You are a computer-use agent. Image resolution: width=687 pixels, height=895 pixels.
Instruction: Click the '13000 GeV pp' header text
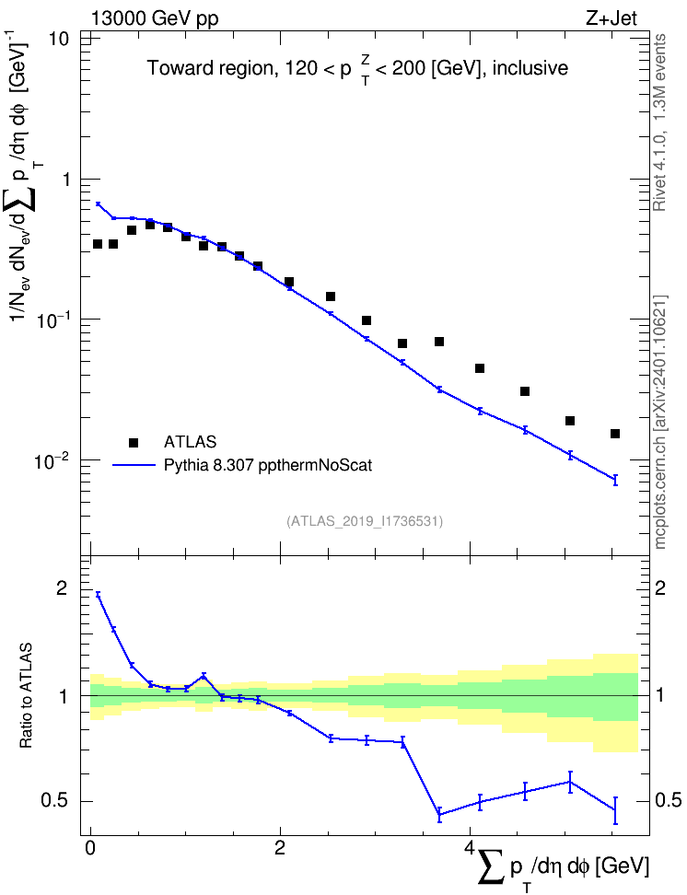pos(155,19)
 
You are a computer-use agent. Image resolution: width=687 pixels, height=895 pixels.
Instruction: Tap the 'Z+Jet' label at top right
pos(611,18)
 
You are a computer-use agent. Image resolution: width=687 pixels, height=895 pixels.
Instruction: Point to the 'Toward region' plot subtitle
pos(211,68)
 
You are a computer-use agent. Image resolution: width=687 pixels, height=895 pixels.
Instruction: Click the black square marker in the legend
pos(133,442)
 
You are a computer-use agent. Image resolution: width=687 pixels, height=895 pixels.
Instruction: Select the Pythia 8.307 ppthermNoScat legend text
pos(268,465)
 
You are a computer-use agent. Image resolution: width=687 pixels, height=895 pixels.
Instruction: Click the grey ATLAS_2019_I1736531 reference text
pos(365,520)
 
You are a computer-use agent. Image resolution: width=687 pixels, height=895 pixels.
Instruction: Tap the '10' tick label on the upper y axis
pos(59,39)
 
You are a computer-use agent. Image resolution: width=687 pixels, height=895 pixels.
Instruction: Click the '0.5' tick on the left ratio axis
pos(54,801)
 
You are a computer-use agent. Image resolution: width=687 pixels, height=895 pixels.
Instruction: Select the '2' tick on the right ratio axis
pos(659,587)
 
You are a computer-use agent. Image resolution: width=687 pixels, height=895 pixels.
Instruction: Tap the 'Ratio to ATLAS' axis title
pos(26,695)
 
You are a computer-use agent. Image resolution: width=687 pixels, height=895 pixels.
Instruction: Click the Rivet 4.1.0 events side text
pos(659,122)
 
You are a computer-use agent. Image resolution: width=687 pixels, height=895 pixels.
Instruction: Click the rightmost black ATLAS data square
pos(615,434)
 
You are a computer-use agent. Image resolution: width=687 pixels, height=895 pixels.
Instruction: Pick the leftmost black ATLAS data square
pos(98,244)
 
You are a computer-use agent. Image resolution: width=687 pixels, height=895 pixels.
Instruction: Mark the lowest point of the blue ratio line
pos(439,815)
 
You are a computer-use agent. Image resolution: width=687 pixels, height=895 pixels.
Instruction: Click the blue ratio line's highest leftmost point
pos(98,595)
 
